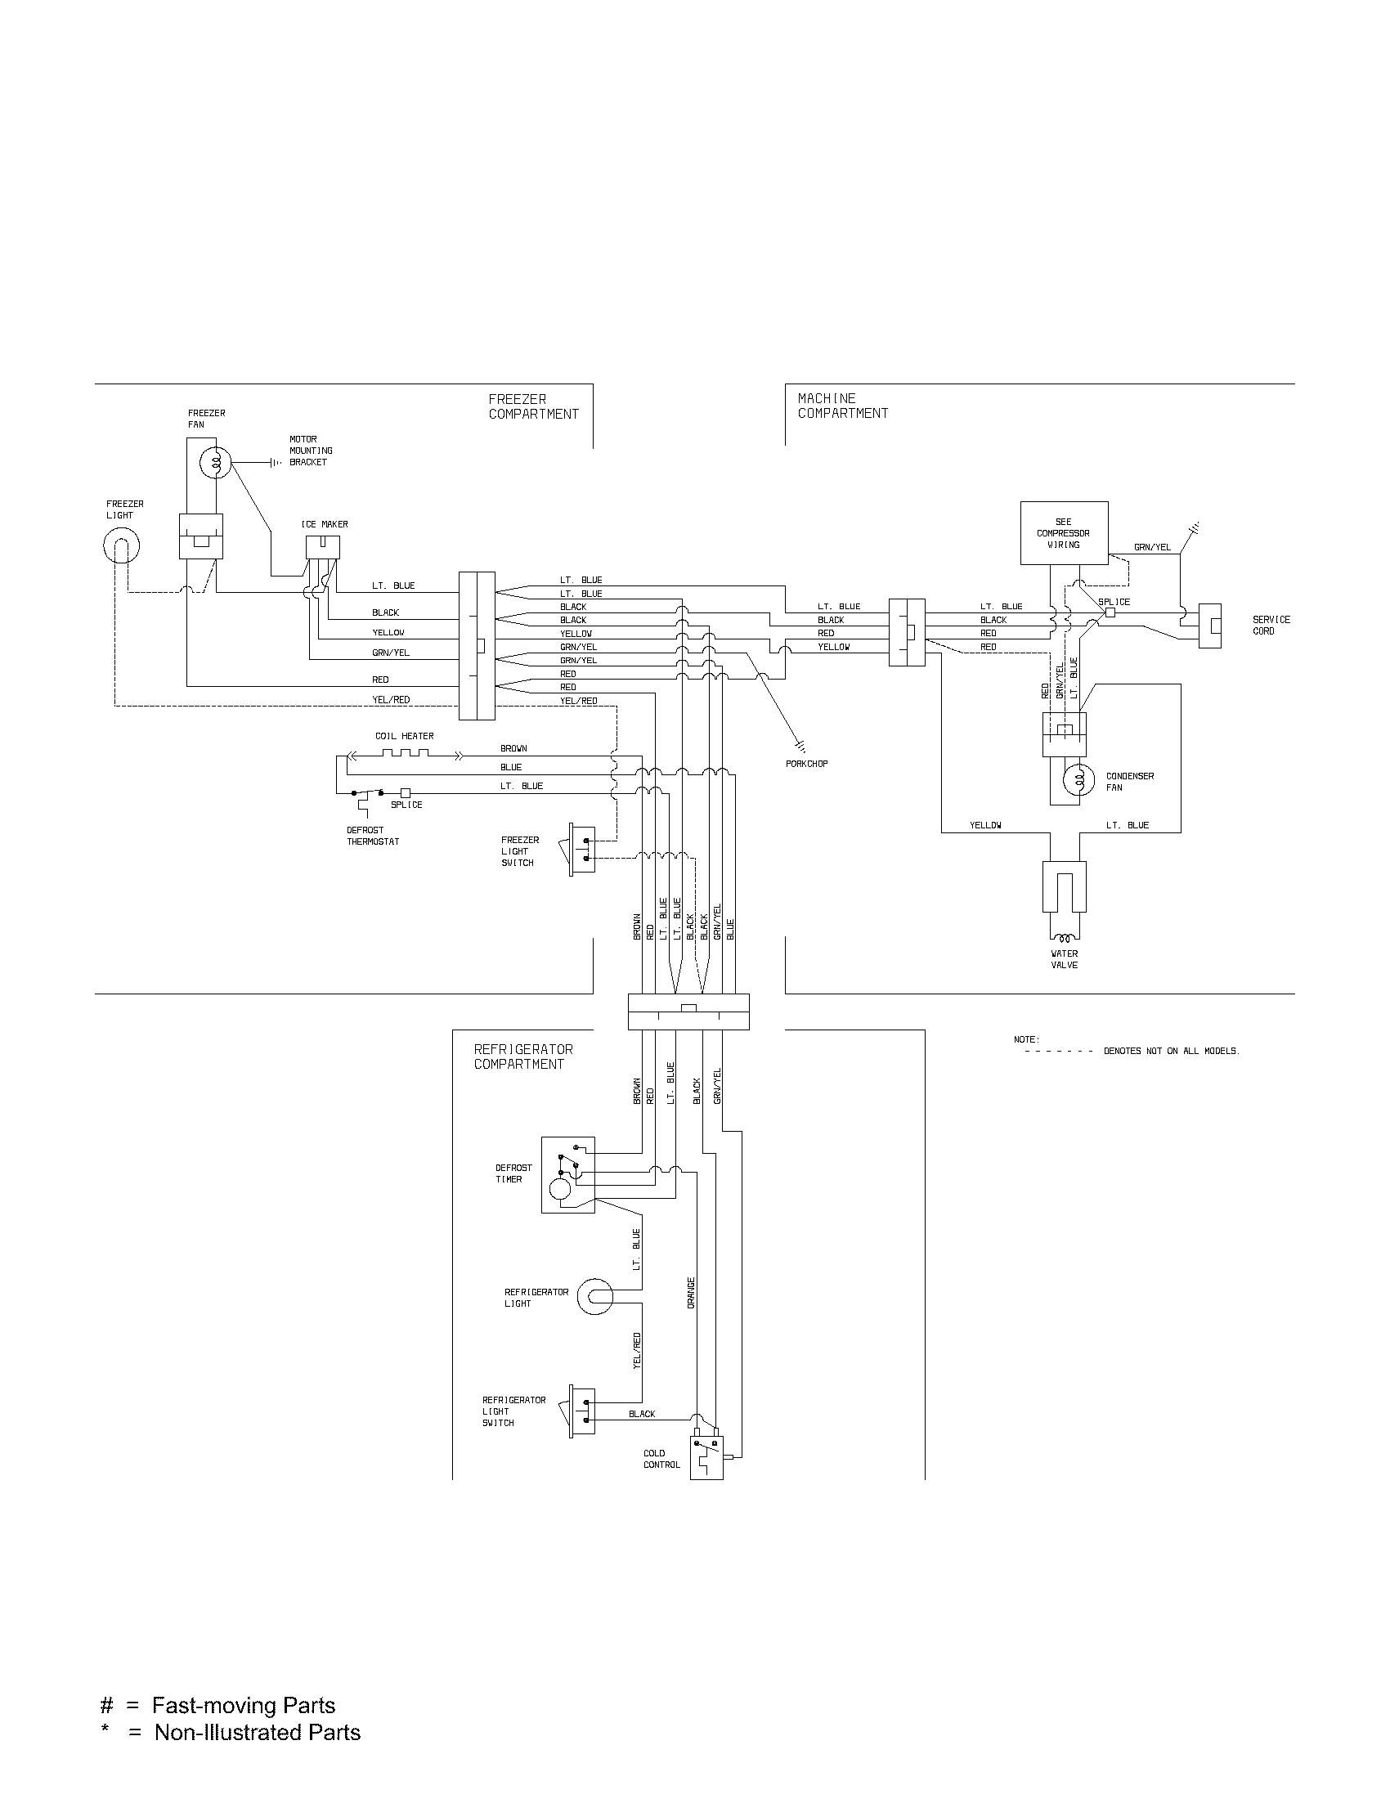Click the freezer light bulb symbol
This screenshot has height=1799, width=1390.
click(x=121, y=545)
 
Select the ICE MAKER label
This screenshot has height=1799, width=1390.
click(x=325, y=524)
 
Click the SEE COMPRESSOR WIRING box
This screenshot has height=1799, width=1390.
click(x=1063, y=533)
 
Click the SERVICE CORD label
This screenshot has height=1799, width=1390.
click(x=1271, y=626)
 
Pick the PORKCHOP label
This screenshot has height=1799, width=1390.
click(x=806, y=764)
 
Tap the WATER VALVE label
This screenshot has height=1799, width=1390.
click(x=1064, y=959)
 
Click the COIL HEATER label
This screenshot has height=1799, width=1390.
click(x=404, y=736)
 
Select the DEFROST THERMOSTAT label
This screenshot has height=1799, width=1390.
click(x=373, y=836)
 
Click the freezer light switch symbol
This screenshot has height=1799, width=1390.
click(x=581, y=850)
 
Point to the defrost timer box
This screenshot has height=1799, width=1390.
click(x=568, y=1174)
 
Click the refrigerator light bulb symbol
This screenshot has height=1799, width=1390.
click(x=594, y=1298)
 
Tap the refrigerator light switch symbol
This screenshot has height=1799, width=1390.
click(x=581, y=1413)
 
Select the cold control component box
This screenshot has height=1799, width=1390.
click(x=706, y=1457)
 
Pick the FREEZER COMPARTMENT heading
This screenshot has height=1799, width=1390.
click(x=534, y=406)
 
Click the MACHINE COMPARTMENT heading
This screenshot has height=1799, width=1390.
click(x=842, y=406)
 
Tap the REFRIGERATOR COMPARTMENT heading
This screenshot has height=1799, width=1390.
click(x=523, y=1056)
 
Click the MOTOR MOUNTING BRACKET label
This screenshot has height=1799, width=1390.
click(x=311, y=451)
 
